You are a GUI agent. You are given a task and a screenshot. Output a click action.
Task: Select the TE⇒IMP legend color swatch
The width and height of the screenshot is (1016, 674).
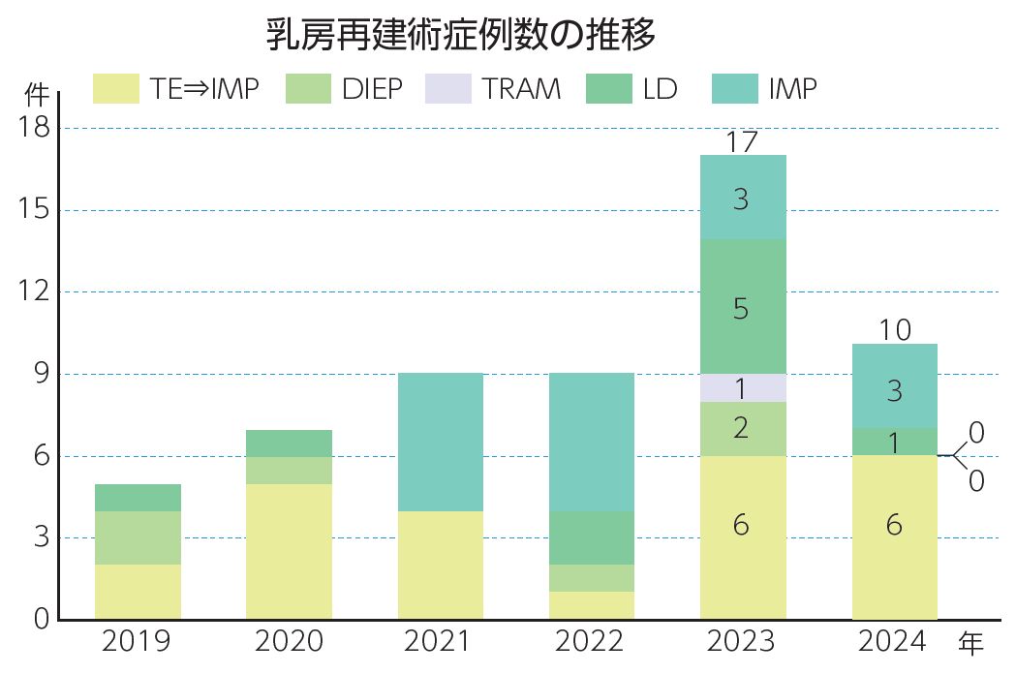117,89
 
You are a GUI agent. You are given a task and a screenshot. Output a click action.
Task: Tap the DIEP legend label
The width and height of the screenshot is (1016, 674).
372,89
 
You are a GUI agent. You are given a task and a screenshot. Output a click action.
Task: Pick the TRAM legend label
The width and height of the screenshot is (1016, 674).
521,89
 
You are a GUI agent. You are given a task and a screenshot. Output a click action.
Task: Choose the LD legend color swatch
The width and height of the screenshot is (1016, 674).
610,89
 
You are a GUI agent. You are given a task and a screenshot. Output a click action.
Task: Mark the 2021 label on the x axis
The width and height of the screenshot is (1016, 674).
440,642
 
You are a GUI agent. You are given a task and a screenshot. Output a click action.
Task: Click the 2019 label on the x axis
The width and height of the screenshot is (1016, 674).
138,642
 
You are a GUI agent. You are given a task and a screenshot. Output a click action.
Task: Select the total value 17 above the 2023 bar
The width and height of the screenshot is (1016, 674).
742,142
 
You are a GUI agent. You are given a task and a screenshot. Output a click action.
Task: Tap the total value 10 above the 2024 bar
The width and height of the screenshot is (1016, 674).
895,330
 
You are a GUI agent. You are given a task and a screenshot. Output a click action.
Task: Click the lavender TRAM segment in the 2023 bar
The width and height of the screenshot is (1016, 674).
743,388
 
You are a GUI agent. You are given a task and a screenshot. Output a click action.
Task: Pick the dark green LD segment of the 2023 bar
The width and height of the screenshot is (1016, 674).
743,307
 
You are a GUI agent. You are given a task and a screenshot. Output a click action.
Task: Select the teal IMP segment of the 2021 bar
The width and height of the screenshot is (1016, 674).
441,442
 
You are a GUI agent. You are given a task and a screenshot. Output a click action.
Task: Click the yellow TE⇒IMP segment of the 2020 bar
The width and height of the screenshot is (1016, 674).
290,551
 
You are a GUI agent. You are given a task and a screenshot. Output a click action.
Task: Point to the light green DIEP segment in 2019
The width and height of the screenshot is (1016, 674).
139,537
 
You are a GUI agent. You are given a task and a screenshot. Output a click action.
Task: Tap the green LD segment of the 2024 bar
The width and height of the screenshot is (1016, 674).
895,442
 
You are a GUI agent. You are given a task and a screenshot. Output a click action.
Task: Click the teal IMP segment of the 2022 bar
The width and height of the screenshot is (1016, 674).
592,442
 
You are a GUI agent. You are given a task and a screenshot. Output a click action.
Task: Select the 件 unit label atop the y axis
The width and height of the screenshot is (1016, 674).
36,95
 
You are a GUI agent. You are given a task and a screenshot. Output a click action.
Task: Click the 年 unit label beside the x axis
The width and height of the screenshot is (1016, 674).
971,642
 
